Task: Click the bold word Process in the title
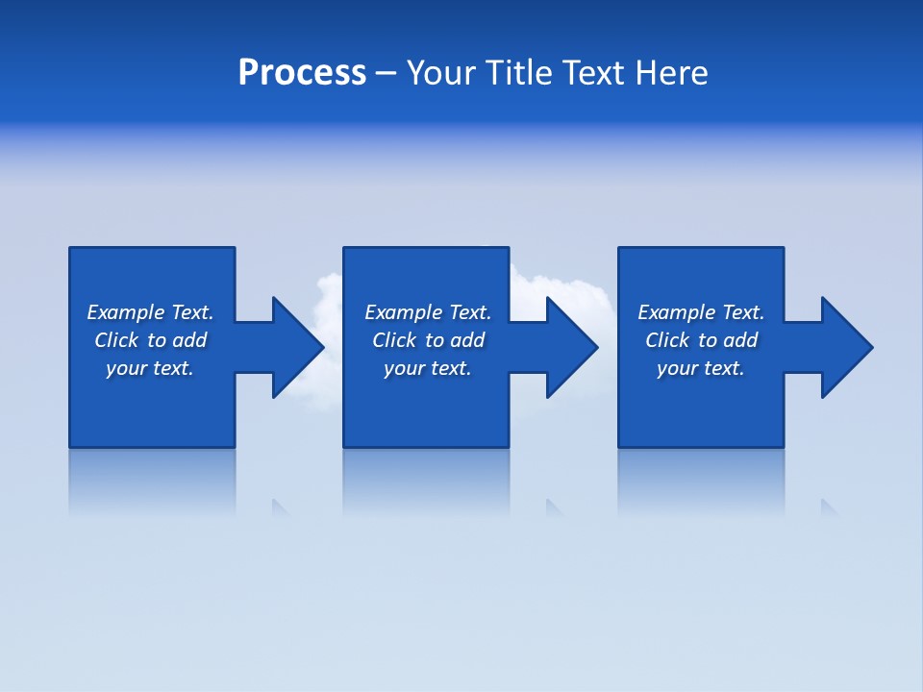(x=302, y=73)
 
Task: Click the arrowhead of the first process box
(x=298, y=347)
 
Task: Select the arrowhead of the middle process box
(x=572, y=347)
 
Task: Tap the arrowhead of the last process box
(x=847, y=347)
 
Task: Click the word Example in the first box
(x=126, y=312)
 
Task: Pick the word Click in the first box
(x=115, y=340)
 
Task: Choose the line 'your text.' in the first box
(x=150, y=368)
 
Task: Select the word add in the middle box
(x=467, y=340)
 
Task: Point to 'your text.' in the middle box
(x=427, y=368)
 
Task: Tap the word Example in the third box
(x=677, y=312)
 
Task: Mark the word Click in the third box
(x=667, y=340)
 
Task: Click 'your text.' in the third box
(x=701, y=368)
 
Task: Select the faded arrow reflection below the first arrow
(x=280, y=507)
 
